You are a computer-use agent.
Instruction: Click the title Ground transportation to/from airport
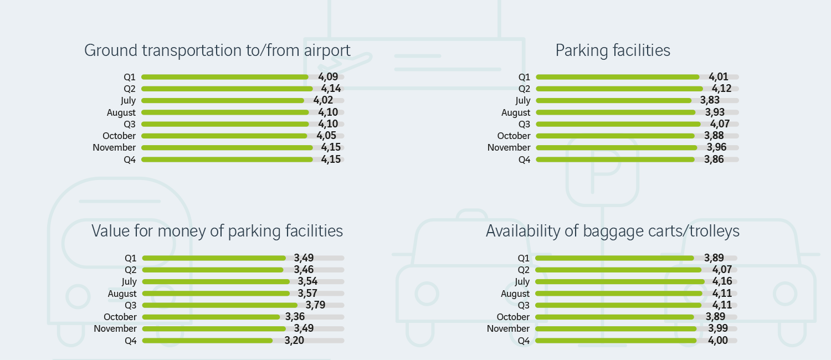tap(217, 50)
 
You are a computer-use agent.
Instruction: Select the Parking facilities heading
tap(613, 50)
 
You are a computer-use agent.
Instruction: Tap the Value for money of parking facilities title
tap(217, 231)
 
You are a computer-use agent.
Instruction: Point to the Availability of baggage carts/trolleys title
tap(613, 231)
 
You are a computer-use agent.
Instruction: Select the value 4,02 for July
tap(323, 100)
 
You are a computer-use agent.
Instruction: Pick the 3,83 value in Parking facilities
tap(710, 100)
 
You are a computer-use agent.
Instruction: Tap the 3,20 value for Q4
tap(295, 341)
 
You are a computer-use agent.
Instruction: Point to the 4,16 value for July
tap(716, 282)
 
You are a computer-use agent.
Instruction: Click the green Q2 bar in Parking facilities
tap(619, 89)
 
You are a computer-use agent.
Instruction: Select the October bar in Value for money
tap(211, 317)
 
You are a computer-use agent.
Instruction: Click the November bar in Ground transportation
tap(227, 148)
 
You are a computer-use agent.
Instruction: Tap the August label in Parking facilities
tap(515, 112)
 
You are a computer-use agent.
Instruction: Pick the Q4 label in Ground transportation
tap(130, 160)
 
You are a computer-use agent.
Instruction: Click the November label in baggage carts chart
tap(508, 329)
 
